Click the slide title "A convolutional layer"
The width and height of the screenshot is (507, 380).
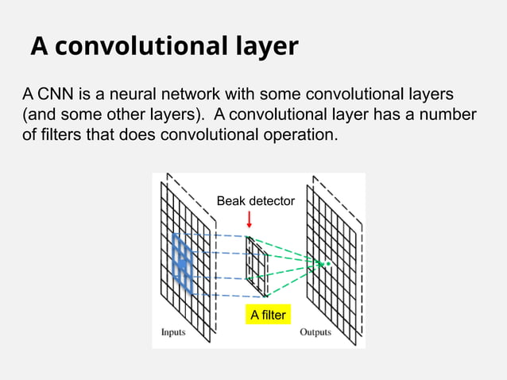[x=164, y=47]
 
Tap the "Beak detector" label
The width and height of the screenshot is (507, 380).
[x=255, y=202]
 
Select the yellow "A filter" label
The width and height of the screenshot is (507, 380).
[x=268, y=316]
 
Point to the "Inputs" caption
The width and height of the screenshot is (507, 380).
[x=173, y=332]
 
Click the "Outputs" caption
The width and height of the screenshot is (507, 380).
[x=315, y=332]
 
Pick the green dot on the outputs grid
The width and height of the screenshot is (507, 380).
[x=327, y=263]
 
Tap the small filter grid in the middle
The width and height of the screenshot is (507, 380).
[x=257, y=262]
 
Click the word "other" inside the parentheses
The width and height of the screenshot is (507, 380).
[x=122, y=115]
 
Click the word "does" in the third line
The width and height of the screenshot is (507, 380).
[x=139, y=135]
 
